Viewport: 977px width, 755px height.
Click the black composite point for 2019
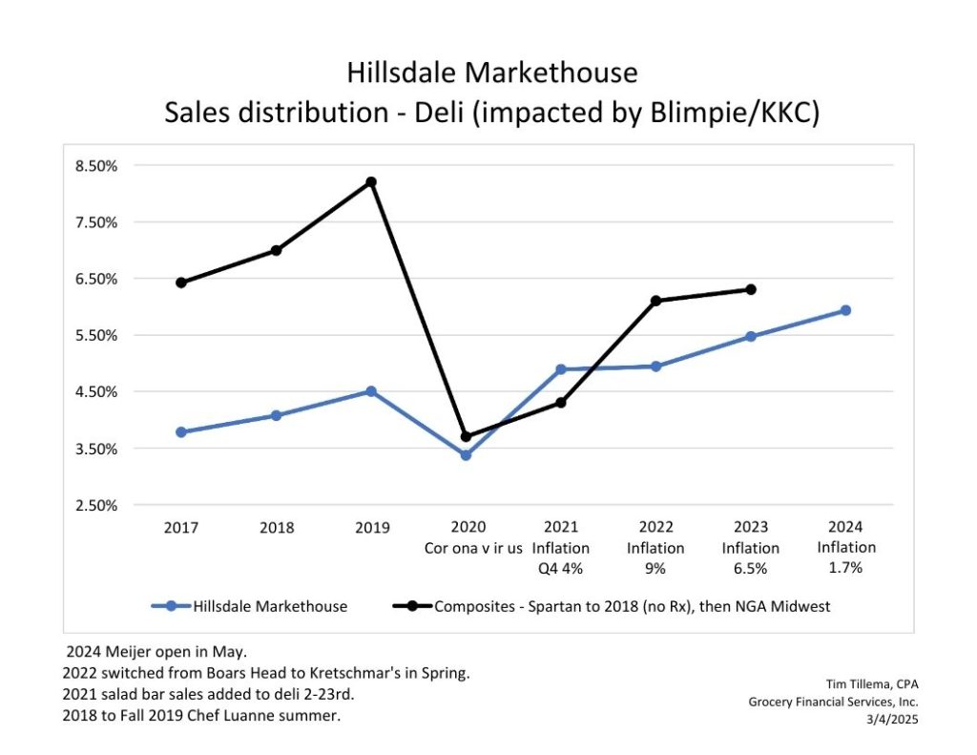pos(371,182)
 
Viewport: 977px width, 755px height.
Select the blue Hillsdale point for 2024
pos(845,310)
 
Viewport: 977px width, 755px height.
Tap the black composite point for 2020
pos(466,436)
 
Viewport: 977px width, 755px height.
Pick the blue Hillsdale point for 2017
pos(181,431)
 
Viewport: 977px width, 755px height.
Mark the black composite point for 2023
pos(751,289)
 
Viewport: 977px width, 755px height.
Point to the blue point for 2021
pos(561,369)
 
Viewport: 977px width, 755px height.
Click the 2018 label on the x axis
pos(276,527)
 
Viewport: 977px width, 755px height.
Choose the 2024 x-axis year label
pos(846,527)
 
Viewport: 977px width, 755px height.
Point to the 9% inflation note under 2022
pos(655,568)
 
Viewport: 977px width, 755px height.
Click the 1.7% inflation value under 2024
pos(846,568)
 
